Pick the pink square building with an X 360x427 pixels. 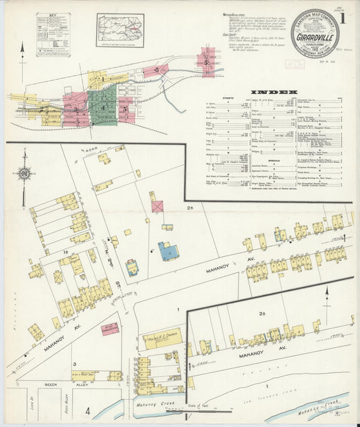157,205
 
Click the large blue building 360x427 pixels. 168,251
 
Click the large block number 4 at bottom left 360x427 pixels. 87,410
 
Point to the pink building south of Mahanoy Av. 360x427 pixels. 109,329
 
